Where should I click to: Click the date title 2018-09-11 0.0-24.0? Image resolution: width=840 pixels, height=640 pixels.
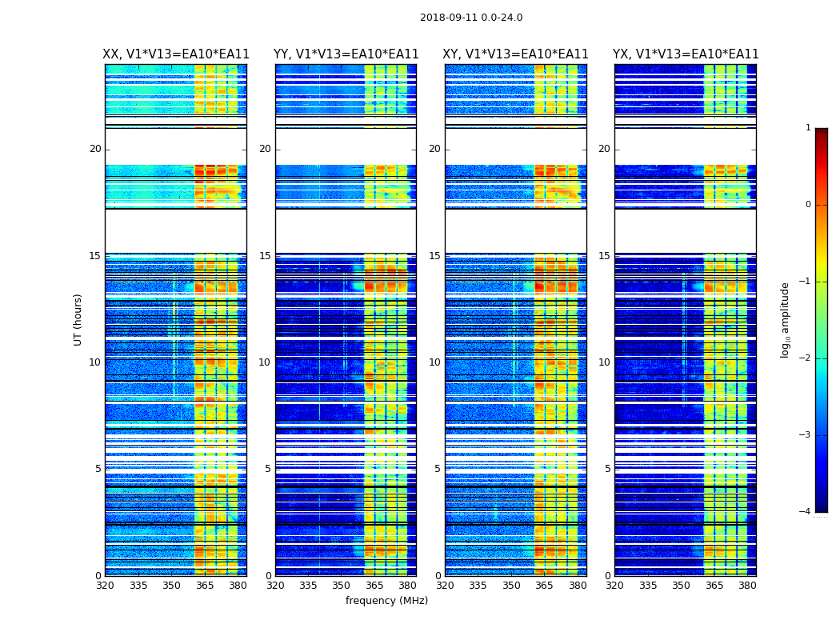[471, 18]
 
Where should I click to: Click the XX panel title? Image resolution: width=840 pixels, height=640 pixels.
[176, 54]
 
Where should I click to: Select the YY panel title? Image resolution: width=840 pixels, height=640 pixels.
[346, 54]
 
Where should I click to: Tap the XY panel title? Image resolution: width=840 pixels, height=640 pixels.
[516, 54]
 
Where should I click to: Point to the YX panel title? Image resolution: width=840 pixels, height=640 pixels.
[686, 54]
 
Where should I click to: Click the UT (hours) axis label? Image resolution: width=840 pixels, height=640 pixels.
[78, 319]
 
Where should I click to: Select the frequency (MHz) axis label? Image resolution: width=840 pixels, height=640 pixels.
[386, 601]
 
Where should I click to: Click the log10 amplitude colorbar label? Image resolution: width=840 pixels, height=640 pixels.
[786, 319]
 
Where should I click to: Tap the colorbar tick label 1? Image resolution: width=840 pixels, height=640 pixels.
[808, 128]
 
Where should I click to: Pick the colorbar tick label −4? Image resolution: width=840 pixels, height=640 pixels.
[806, 512]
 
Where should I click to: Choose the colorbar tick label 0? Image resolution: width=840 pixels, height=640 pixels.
[808, 205]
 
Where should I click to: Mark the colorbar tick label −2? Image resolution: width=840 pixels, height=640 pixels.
[806, 358]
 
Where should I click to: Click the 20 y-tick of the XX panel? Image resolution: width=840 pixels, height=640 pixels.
[95, 149]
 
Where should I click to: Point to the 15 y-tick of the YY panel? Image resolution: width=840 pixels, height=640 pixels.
[265, 256]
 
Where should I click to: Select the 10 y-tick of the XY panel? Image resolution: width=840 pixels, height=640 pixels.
[434, 362]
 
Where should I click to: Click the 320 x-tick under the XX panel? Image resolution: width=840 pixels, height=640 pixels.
[105, 586]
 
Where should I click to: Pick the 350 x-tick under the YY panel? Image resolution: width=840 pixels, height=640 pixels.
[342, 586]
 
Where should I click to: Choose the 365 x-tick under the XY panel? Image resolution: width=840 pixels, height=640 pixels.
[545, 586]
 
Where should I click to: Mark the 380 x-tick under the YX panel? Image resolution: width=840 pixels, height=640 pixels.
[747, 586]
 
